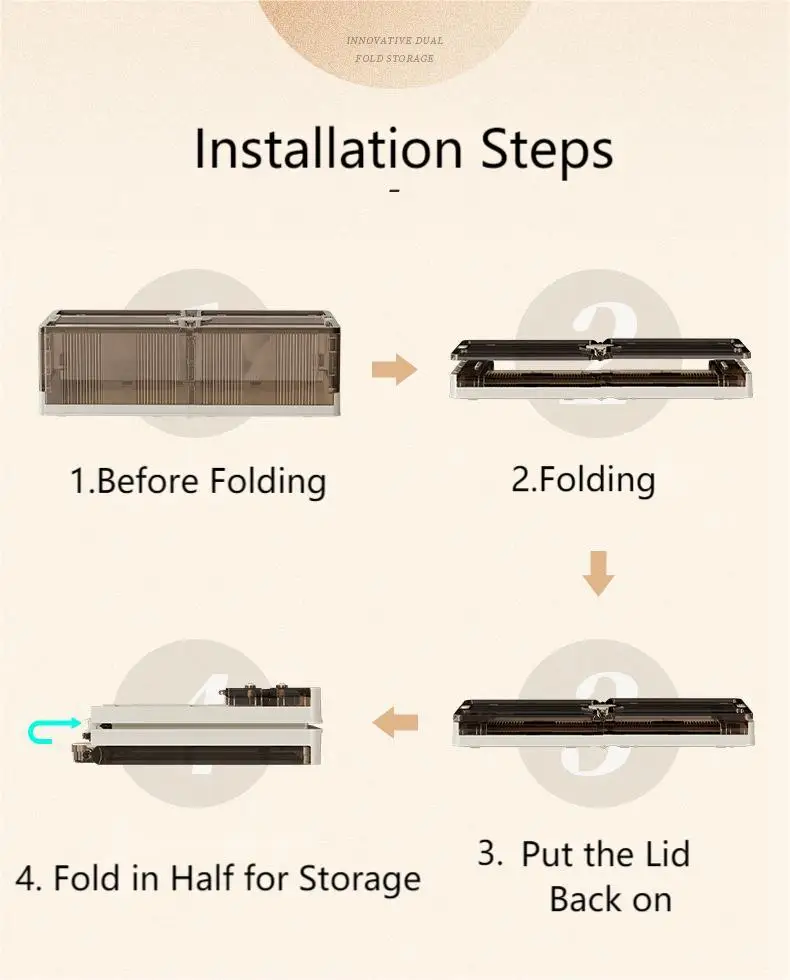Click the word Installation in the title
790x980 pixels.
(x=328, y=148)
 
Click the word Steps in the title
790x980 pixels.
(x=547, y=152)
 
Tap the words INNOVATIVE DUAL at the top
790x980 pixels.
(x=394, y=40)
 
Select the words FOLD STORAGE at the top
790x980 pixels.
(x=394, y=58)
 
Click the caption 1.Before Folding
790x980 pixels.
(x=198, y=482)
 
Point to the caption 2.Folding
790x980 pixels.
(x=583, y=481)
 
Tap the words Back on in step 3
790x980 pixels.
(x=611, y=899)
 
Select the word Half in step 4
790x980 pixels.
(x=202, y=878)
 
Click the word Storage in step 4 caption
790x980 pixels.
(x=359, y=880)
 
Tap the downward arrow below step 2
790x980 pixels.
(x=599, y=573)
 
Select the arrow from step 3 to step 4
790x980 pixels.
(x=394, y=722)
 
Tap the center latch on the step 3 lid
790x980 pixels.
(x=599, y=709)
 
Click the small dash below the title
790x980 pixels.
(x=394, y=191)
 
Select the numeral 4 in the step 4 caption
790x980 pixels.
(x=27, y=879)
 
